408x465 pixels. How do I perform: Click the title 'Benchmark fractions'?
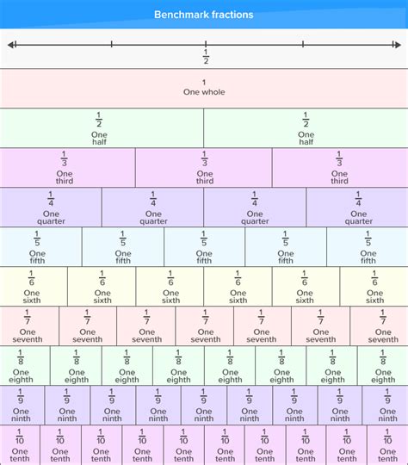pyautogui.click(x=204, y=15)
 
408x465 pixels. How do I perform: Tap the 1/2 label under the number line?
pyautogui.click(x=206, y=57)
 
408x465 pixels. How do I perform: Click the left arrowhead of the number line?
pyautogui.click(x=11, y=44)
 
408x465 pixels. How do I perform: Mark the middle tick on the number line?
pyautogui.click(x=206, y=44)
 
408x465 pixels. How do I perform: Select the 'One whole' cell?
pyautogui.click(x=204, y=88)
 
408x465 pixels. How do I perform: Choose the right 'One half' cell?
pyautogui.click(x=306, y=127)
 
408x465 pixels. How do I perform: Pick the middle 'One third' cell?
pyautogui.click(x=204, y=167)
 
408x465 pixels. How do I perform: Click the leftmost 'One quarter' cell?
pyautogui.click(x=51, y=207)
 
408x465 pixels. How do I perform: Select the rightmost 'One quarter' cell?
pyautogui.click(x=358, y=207)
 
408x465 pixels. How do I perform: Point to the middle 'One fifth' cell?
pyautogui.click(x=204, y=246)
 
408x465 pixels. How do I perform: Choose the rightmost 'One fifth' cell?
pyautogui.click(x=368, y=246)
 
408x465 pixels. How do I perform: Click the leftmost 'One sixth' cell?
pyautogui.click(x=34, y=287)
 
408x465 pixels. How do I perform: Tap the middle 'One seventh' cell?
pyautogui.click(x=205, y=326)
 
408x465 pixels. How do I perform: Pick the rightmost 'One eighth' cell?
pyautogui.click(x=383, y=366)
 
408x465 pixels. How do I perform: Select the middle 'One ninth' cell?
pyautogui.click(x=204, y=406)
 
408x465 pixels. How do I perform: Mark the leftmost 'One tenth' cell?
pyautogui.click(x=20, y=445)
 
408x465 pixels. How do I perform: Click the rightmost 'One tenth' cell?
pyautogui.click(x=387, y=445)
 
